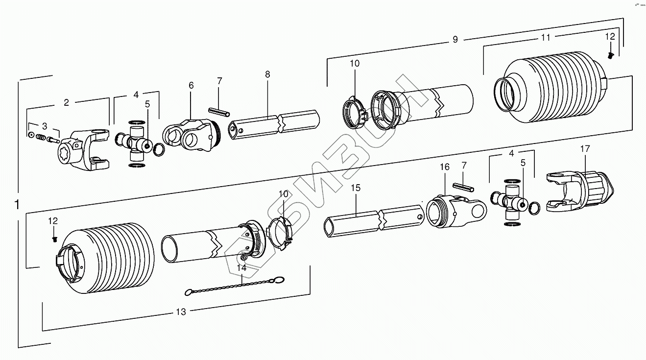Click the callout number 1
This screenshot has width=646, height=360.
pyautogui.click(x=17, y=205)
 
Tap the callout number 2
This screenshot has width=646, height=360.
pyautogui.click(x=67, y=102)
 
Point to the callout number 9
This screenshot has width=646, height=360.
pyautogui.click(x=455, y=40)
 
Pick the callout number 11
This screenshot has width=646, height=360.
pyautogui.click(x=546, y=37)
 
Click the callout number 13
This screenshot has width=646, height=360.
pyautogui.click(x=181, y=312)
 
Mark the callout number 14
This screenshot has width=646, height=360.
pyautogui.click(x=241, y=268)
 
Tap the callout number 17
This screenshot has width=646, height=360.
pyautogui.click(x=585, y=148)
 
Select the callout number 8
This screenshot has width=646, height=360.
pyautogui.click(x=267, y=74)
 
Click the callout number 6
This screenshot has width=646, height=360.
pyautogui.click(x=191, y=85)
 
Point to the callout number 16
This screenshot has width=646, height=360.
pyautogui.click(x=444, y=167)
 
